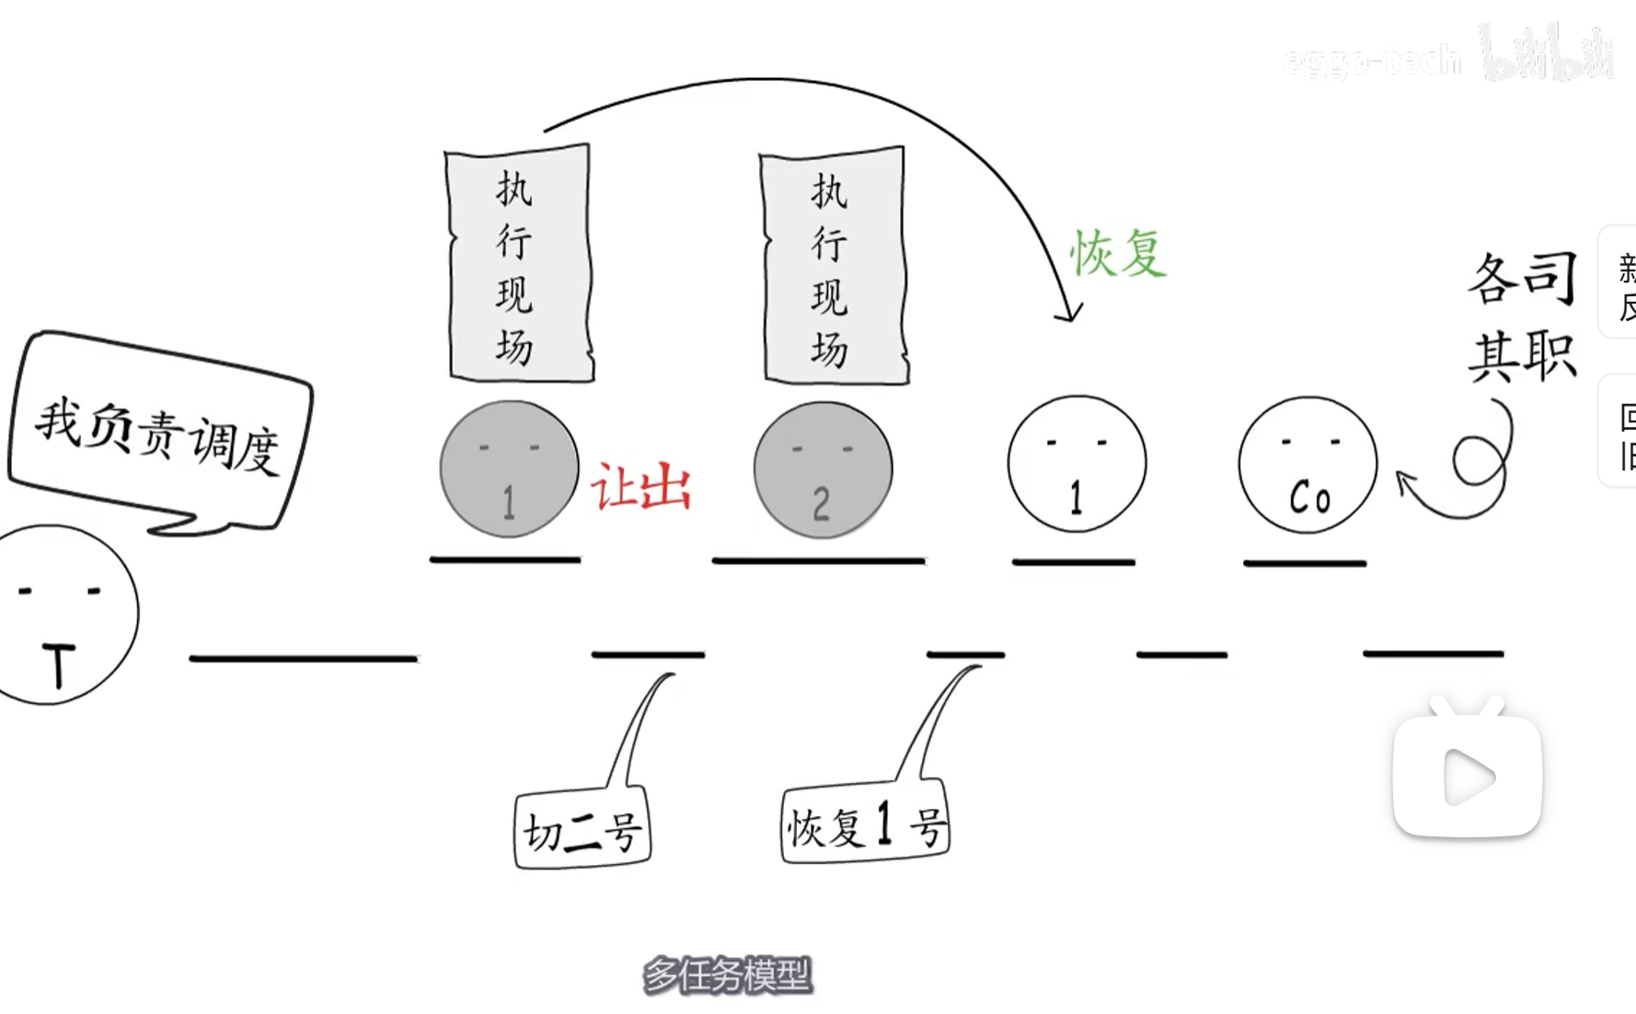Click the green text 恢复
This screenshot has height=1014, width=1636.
[1118, 252]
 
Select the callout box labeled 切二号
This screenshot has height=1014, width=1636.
[582, 832]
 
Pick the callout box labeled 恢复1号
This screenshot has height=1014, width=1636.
[864, 825]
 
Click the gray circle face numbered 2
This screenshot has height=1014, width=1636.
[823, 469]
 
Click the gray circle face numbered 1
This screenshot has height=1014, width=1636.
[509, 469]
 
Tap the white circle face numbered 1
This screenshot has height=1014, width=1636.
[1077, 464]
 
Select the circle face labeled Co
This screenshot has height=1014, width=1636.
[1308, 465]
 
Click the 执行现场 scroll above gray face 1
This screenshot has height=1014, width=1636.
[518, 263]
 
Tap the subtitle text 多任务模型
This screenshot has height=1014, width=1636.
[727, 975]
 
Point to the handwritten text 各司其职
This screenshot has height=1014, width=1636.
[1522, 317]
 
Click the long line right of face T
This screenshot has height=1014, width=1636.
[304, 658]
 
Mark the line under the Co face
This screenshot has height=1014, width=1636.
[1305, 562]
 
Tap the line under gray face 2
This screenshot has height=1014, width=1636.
[818, 559]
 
